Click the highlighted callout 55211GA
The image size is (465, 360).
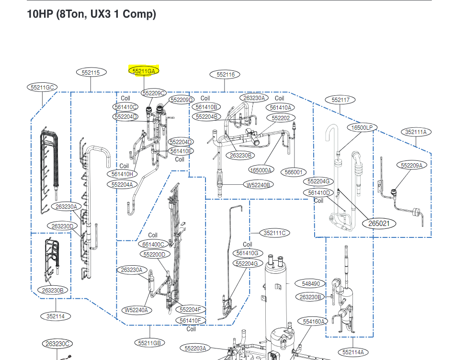coord(144,71)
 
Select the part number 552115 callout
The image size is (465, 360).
coord(91,72)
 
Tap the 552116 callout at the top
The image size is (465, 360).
coord(225,74)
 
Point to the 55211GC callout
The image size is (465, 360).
coord(42,87)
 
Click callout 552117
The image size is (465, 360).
coord(340,100)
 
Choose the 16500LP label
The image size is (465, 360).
coord(363,127)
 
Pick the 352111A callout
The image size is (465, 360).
coord(415,132)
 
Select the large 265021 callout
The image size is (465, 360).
coord(379,223)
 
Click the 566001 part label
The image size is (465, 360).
coord(294,172)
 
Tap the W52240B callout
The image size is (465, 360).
coord(258,185)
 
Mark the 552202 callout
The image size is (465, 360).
coord(281,118)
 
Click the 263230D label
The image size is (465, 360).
coord(62,226)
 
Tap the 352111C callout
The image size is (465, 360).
coord(274,233)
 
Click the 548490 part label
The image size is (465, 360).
coord(310,284)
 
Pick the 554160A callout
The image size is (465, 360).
coord(314,321)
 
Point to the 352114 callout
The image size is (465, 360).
coord(56,316)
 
